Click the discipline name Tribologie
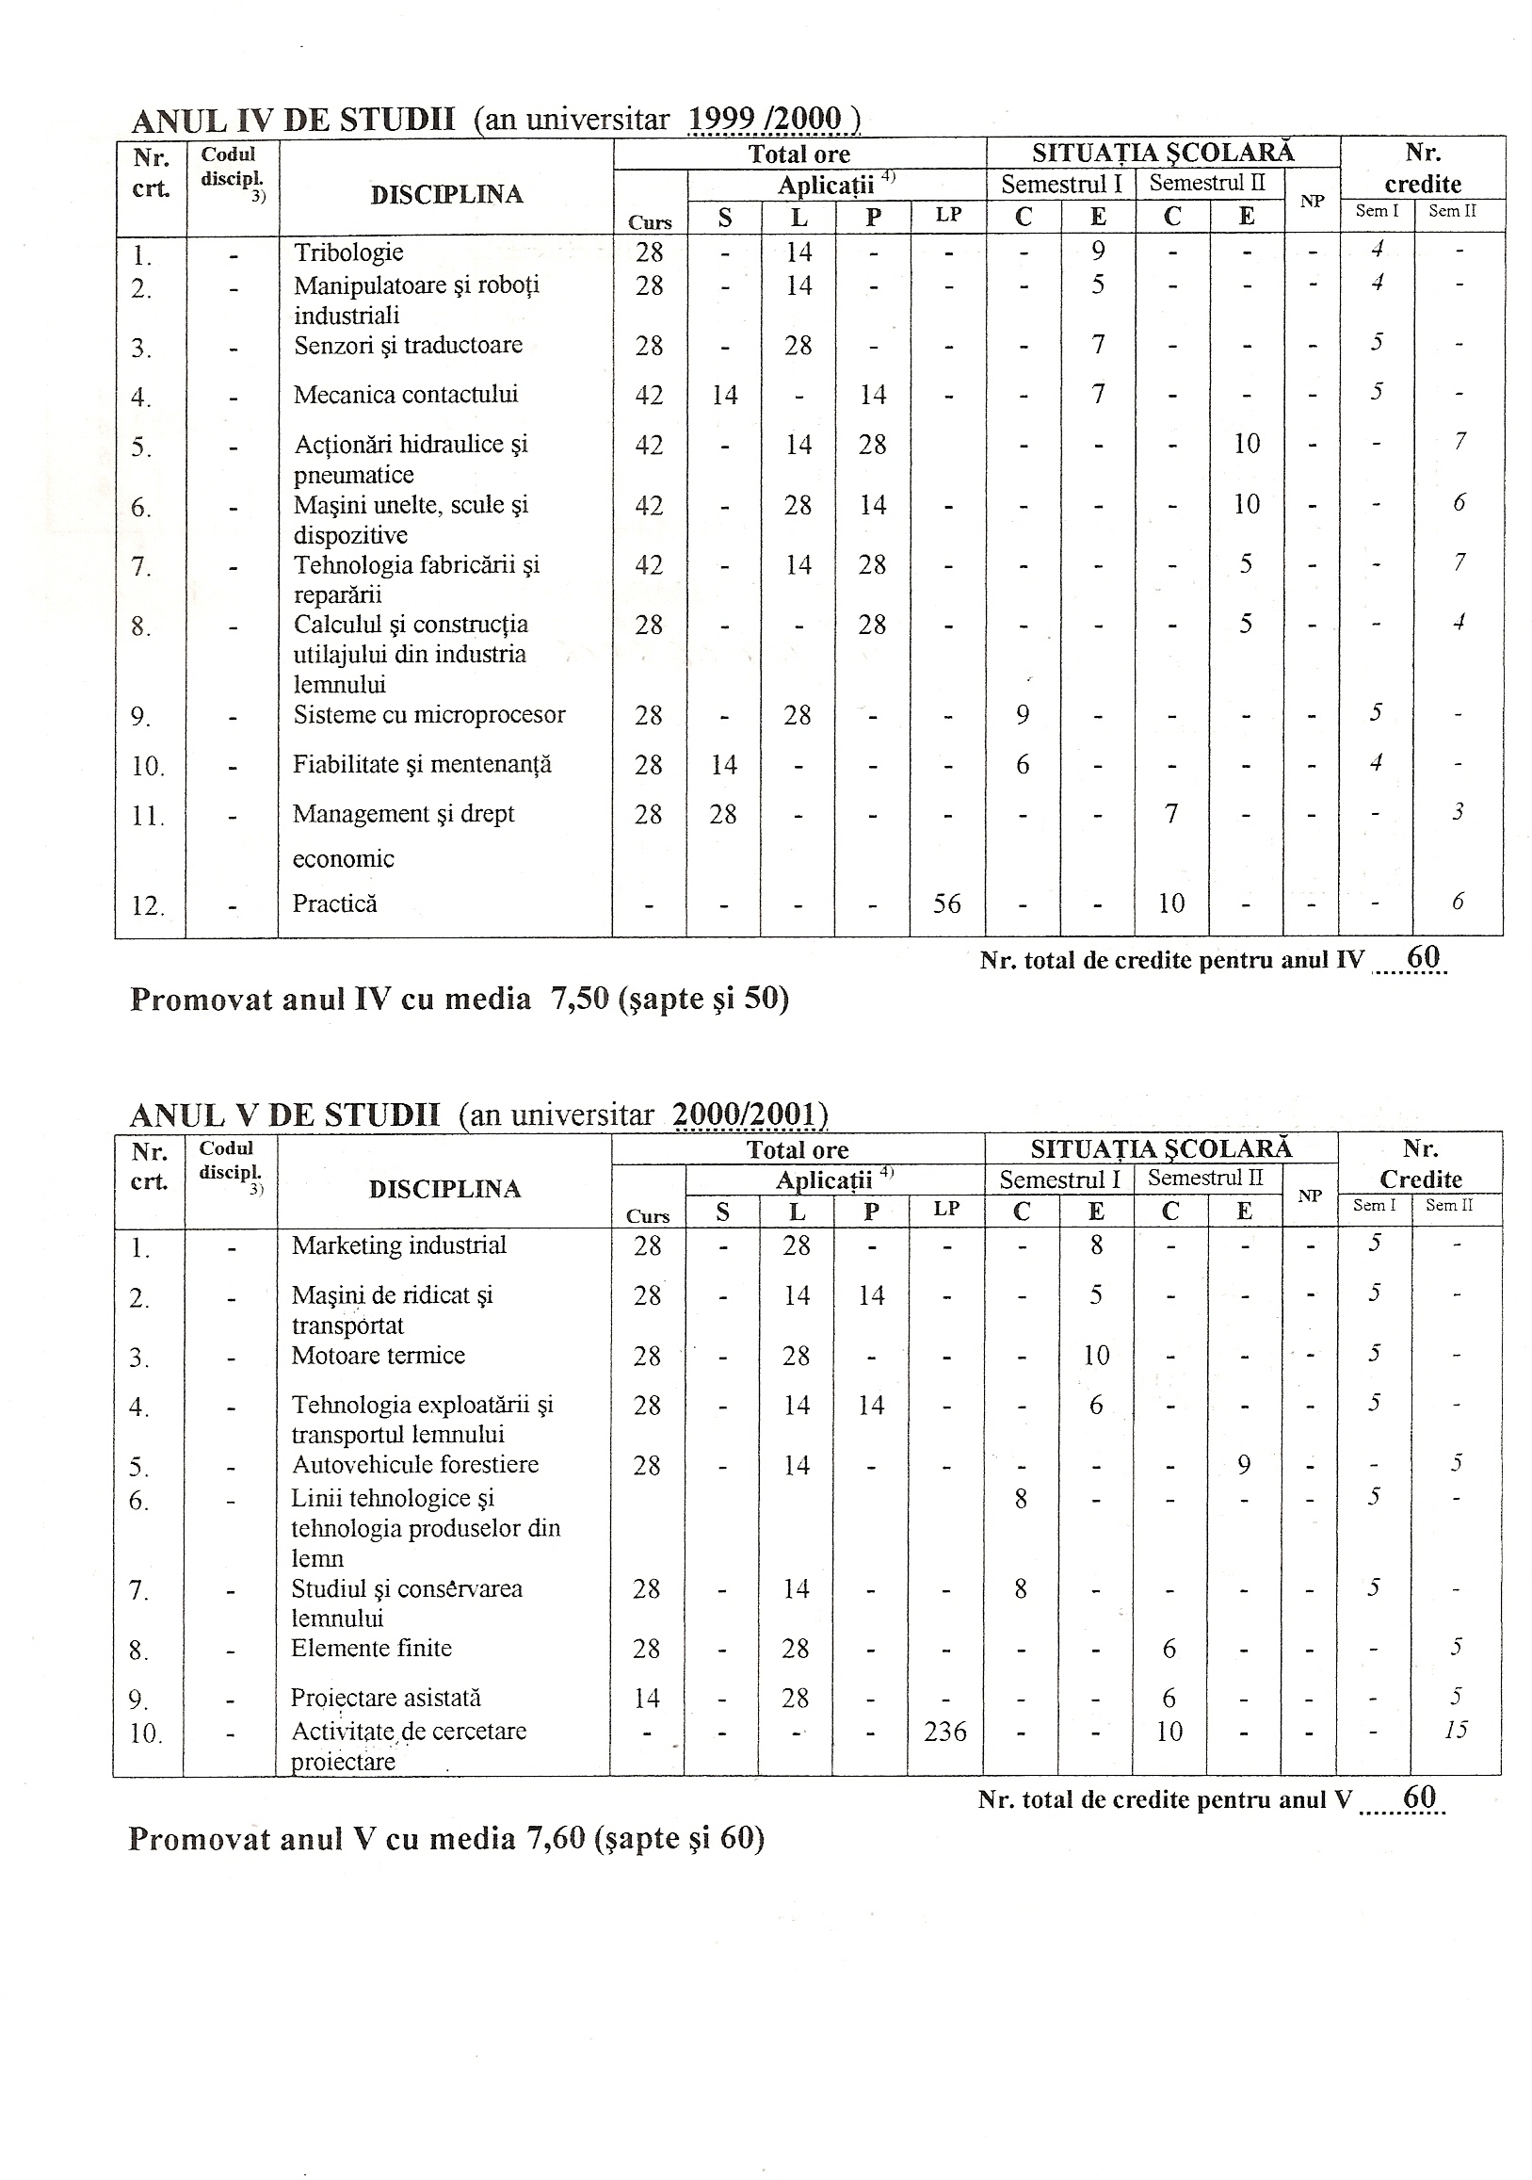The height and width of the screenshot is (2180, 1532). pyautogui.click(x=348, y=252)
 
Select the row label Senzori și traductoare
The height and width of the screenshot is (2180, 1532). pyautogui.click(x=408, y=345)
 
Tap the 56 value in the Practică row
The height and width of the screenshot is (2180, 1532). pyautogui.click(x=946, y=903)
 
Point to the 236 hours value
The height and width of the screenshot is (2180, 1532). pyautogui.click(x=945, y=1732)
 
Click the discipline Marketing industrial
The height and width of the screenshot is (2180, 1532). pyautogui.click(x=398, y=1245)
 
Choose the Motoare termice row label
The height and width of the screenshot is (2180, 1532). pyautogui.click(x=378, y=1355)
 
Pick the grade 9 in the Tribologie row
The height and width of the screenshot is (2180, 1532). pyautogui.click(x=1098, y=252)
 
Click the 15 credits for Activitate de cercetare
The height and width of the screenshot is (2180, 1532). pyautogui.click(x=1456, y=1730)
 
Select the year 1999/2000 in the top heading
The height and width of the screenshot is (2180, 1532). pyautogui.click(x=765, y=120)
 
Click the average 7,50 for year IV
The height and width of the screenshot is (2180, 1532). pyautogui.click(x=579, y=1000)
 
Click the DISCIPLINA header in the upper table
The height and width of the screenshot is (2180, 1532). pyautogui.click(x=446, y=195)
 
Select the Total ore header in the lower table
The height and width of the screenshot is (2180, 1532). pyautogui.click(x=798, y=1151)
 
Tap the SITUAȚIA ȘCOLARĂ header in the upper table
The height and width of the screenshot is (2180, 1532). pyautogui.click(x=1163, y=153)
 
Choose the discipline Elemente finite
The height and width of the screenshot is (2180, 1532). pyautogui.click(x=371, y=1649)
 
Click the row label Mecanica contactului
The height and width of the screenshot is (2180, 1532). pyautogui.click(x=405, y=395)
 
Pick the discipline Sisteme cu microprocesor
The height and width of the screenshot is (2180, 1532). pyautogui.click(x=429, y=715)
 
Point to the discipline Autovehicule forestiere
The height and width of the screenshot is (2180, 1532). pyautogui.click(x=415, y=1465)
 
